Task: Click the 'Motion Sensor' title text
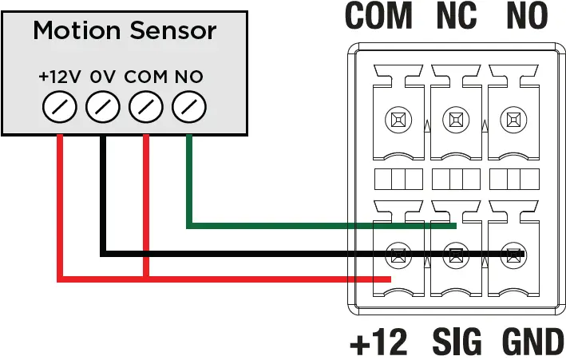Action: (125, 31)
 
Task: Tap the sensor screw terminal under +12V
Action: (59, 106)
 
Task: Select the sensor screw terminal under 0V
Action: (102, 106)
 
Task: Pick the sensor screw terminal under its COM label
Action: (145, 106)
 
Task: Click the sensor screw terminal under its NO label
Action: (188, 106)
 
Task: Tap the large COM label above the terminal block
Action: (378, 15)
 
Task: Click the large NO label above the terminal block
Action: (526, 15)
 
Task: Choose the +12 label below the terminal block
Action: (378, 343)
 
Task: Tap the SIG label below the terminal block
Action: (457, 343)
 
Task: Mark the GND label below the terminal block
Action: (532, 343)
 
